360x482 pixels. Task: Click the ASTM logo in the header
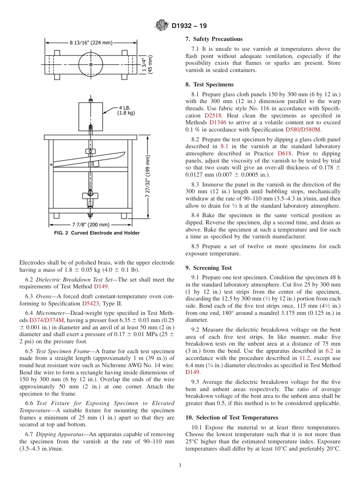pos(162,26)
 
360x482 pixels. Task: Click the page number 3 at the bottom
pos(180,466)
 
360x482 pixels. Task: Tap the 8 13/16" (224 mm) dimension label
pos(90,42)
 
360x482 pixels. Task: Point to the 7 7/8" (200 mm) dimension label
pos(91,224)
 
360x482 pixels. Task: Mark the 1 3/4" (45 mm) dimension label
pos(147,65)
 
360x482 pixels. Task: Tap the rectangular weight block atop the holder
pos(90,116)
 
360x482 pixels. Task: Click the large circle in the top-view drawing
pos(91,65)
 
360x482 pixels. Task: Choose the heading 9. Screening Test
pos(208,268)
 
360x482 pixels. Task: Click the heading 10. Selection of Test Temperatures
pos(232,418)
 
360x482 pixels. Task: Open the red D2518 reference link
pos(213,116)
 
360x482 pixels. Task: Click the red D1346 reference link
pos(218,123)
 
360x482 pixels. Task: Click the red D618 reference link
pos(285,153)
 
